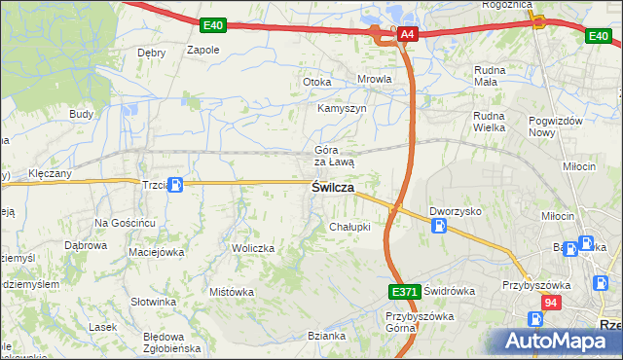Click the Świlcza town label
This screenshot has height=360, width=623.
click(x=332, y=188)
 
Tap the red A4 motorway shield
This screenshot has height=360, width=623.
click(x=407, y=35)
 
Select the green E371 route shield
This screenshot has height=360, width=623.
click(x=404, y=292)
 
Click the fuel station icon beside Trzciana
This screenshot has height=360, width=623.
click(x=175, y=185)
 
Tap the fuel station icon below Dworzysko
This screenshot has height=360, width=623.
click(x=440, y=226)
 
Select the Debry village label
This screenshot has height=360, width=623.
click(x=152, y=53)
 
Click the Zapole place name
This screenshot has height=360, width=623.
click(x=203, y=50)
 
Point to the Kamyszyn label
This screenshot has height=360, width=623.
click(x=342, y=108)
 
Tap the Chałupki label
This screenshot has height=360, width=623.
click(x=349, y=227)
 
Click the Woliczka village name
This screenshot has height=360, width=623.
click(x=253, y=248)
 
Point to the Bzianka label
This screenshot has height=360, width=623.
click(x=326, y=336)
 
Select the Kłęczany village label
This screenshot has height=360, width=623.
click(x=51, y=172)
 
